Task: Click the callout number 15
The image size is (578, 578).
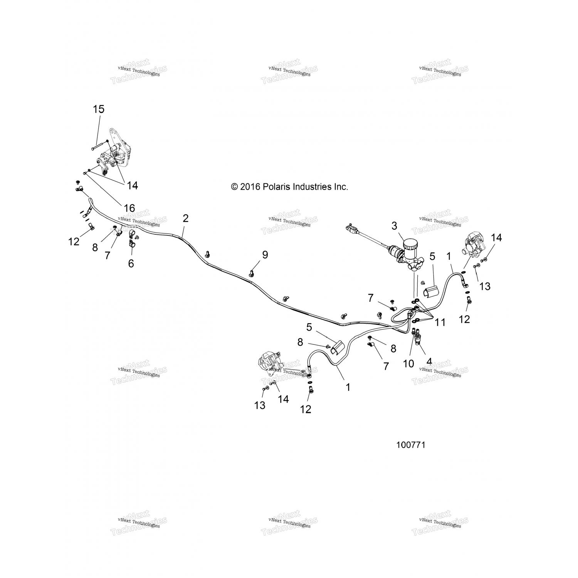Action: (99, 109)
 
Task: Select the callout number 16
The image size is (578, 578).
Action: (129, 208)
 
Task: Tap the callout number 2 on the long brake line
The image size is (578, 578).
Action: (186, 218)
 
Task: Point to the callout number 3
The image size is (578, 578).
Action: (394, 226)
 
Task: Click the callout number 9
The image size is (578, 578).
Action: (265, 255)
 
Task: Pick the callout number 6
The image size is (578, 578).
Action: (131, 264)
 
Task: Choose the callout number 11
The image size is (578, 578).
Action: (440, 322)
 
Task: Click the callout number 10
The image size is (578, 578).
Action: (408, 363)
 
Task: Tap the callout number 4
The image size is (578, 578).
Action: (429, 361)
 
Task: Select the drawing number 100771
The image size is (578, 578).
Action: (411, 445)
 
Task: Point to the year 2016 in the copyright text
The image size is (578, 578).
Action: (250, 187)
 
